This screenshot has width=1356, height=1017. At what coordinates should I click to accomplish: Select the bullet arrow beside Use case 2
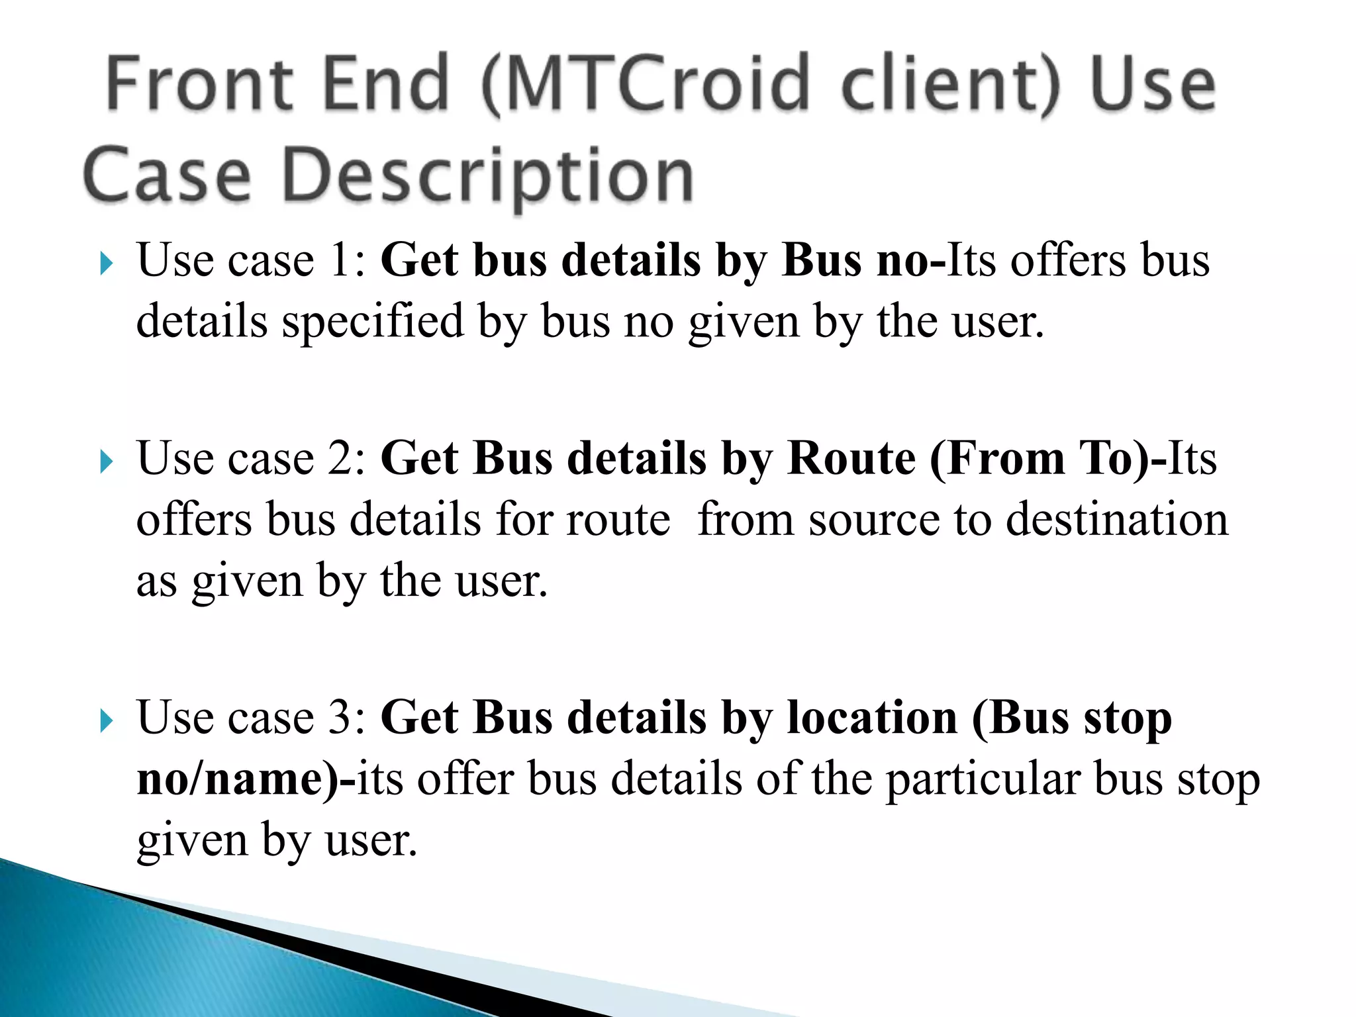point(106,461)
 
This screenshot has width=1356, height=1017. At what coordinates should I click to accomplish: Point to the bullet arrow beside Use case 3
point(106,721)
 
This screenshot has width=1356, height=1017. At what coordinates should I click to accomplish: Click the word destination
point(1117,519)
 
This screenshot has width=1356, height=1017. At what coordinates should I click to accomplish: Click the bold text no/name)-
point(246,779)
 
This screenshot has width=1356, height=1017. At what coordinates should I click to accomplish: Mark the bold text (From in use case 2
point(997,458)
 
